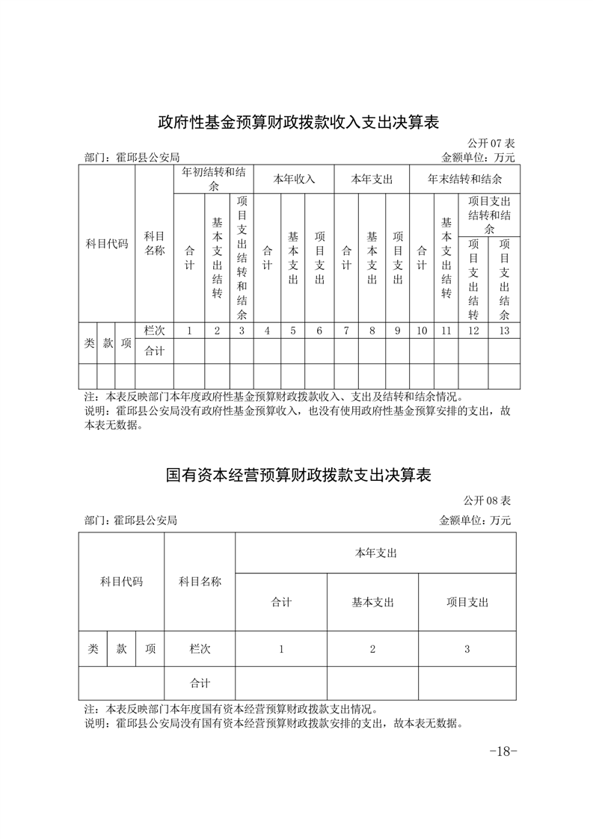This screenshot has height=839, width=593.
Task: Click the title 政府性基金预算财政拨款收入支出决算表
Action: tap(298, 121)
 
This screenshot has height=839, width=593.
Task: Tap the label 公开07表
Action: tap(491, 143)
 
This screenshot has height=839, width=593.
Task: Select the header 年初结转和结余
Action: tap(214, 179)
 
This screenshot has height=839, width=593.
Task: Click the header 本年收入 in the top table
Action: tap(294, 179)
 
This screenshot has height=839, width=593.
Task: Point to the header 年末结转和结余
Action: tap(464, 179)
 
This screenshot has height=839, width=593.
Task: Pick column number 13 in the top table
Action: tap(504, 331)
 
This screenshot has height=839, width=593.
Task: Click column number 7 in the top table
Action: tap(346, 331)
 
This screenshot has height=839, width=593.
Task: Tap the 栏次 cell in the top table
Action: tap(154, 331)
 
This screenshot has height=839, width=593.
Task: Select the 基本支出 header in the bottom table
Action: tap(372, 602)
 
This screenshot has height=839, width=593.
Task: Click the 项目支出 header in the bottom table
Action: tap(467, 602)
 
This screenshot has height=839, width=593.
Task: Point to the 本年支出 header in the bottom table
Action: tap(375, 553)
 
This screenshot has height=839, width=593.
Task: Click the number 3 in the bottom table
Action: tap(467, 649)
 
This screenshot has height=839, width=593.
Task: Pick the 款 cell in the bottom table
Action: tap(122, 649)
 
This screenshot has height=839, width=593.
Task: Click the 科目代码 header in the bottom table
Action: tap(121, 581)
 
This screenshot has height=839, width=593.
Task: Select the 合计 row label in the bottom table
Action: tap(200, 683)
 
